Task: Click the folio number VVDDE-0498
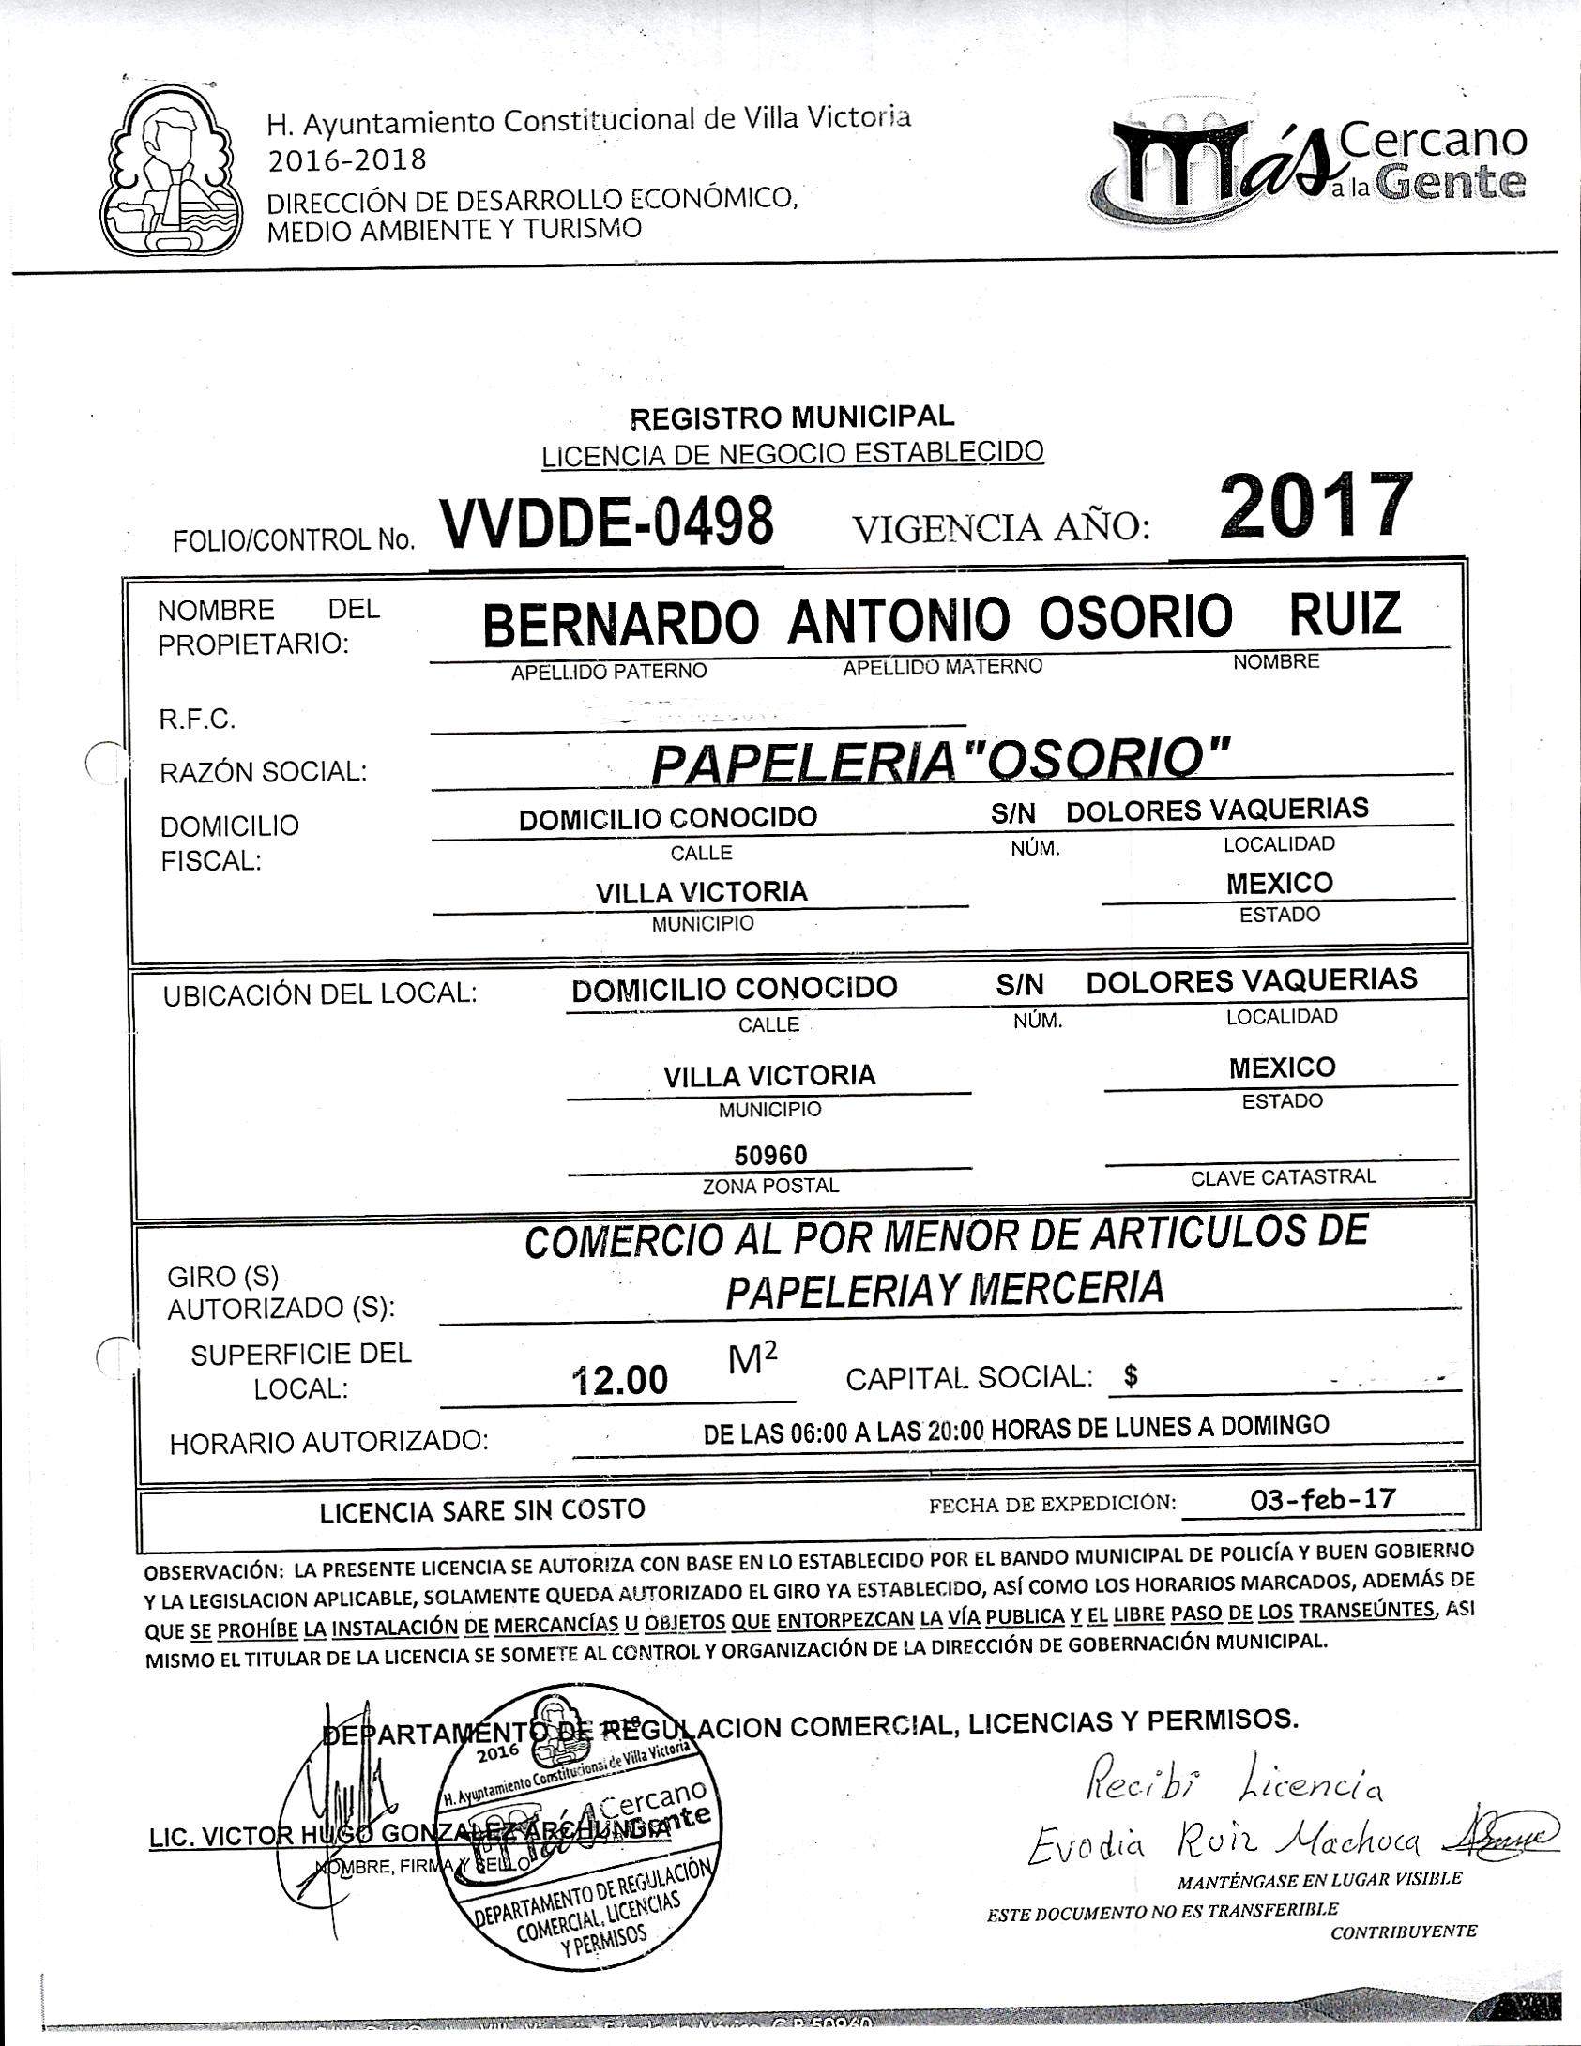(x=607, y=523)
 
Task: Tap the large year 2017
(x=1316, y=508)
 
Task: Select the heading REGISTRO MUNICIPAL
(x=791, y=416)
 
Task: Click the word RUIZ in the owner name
(x=1345, y=614)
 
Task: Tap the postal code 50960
(x=770, y=1154)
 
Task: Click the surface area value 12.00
(x=621, y=1379)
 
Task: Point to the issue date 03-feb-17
(x=1323, y=1498)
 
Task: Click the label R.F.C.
(x=196, y=720)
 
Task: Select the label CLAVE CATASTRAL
(x=1283, y=1177)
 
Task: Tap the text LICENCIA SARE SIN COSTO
(x=482, y=1510)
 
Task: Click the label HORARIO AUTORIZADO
(x=328, y=1442)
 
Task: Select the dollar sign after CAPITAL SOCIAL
(x=1131, y=1376)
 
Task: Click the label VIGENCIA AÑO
(x=1000, y=529)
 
